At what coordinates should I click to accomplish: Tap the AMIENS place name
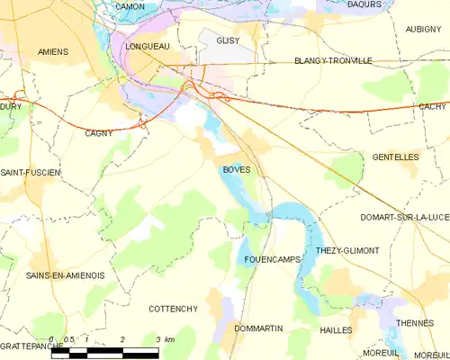(53, 52)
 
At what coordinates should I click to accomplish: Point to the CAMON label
(130, 6)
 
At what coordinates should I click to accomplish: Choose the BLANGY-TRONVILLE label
(333, 61)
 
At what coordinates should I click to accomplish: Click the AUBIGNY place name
(424, 29)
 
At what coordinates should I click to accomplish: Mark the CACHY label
(432, 105)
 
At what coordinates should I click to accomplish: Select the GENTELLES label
(395, 157)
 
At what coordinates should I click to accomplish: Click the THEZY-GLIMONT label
(347, 250)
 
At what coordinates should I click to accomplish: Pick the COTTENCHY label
(173, 309)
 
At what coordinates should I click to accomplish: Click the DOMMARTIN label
(258, 329)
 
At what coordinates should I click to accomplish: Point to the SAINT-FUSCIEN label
(30, 172)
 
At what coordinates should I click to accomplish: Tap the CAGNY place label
(99, 132)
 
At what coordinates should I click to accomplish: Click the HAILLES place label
(336, 330)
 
